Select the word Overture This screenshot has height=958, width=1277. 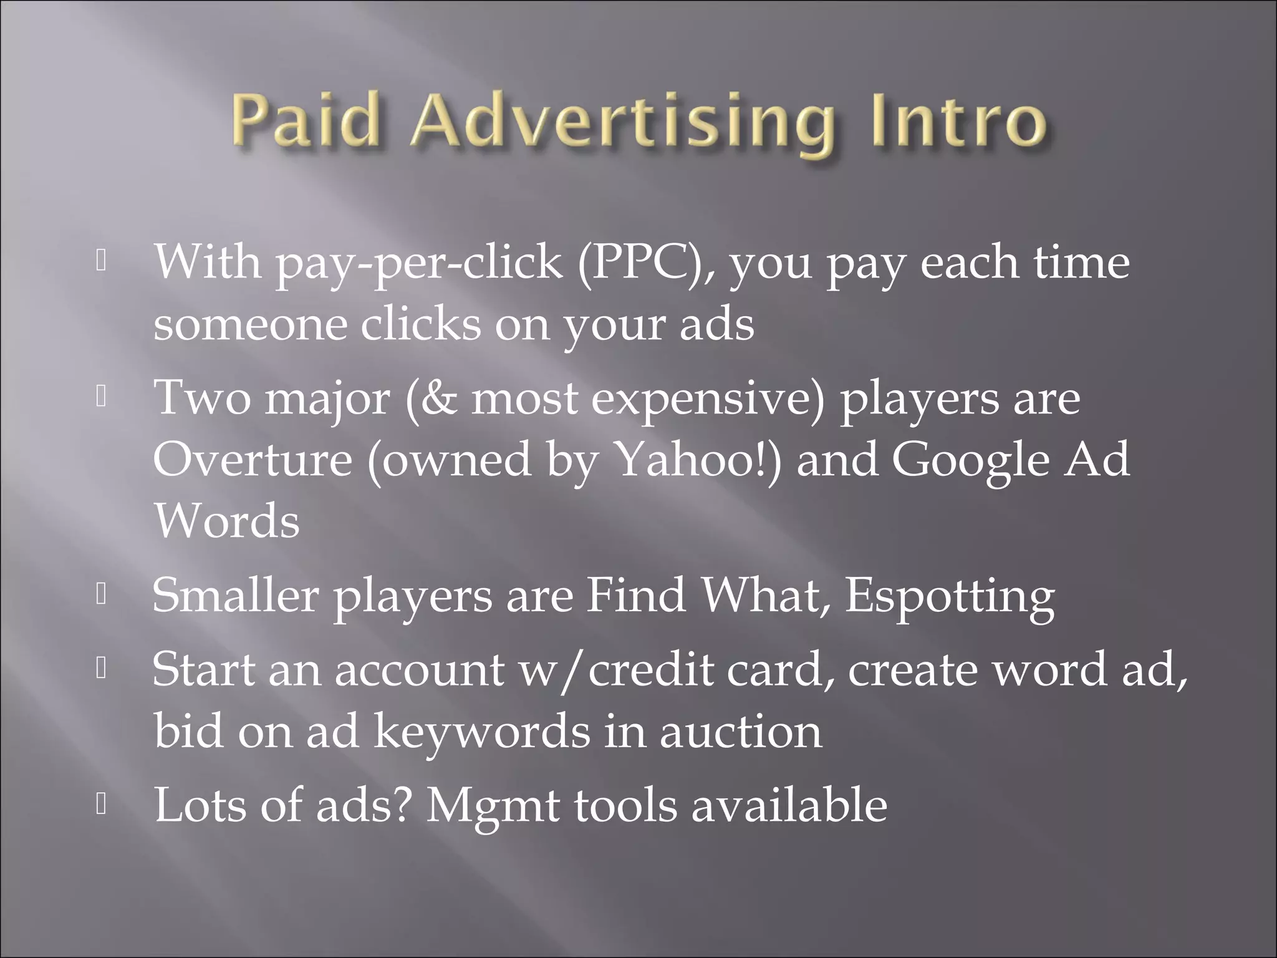click(x=253, y=460)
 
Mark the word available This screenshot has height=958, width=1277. click(x=789, y=805)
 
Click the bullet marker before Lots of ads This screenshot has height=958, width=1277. click(x=102, y=805)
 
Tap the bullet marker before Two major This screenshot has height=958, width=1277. click(x=102, y=397)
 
